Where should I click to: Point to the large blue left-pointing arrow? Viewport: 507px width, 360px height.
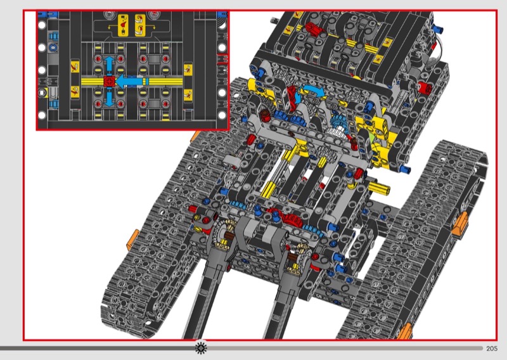(x=131, y=81)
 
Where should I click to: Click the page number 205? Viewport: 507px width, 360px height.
(x=492, y=349)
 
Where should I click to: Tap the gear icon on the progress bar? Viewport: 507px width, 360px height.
(x=202, y=347)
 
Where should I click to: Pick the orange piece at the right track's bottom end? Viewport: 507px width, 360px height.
(x=405, y=330)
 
